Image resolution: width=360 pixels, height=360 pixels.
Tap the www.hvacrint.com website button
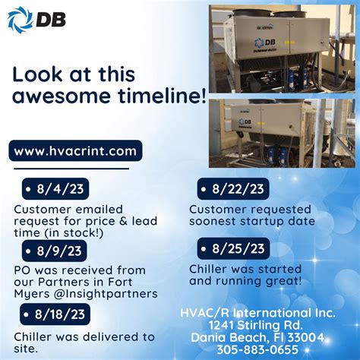[x=76, y=151]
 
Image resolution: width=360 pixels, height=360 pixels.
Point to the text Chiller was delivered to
[x=84, y=336]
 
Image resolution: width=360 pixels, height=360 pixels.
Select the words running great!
[x=250, y=280]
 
